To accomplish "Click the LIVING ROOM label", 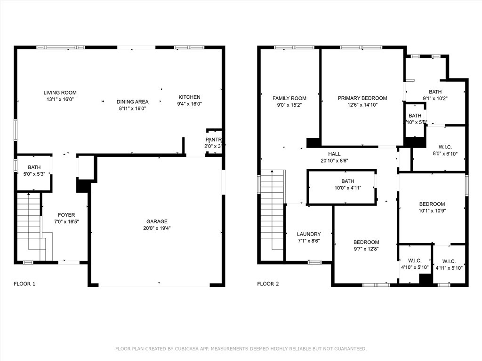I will click(x=60, y=93).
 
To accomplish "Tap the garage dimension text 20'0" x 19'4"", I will click(x=157, y=228).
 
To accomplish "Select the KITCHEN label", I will click(x=189, y=97).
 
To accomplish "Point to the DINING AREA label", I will click(x=132, y=102).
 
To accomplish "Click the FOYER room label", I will click(x=66, y=215).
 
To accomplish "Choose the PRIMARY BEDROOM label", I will click(x=362, y=98).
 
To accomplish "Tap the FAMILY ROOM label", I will click(x=289, y=98).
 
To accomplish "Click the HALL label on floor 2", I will click(x=334, y=154).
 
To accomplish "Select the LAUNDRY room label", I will click(x=309, y=234).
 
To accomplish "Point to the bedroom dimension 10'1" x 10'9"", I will click(x=432, y=211).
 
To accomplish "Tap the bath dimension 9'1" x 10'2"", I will click(x=435, y=98).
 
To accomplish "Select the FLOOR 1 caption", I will click(x=24, y=284).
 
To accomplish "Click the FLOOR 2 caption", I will click(x=268, y=284).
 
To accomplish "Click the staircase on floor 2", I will click(x=273, y=212).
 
